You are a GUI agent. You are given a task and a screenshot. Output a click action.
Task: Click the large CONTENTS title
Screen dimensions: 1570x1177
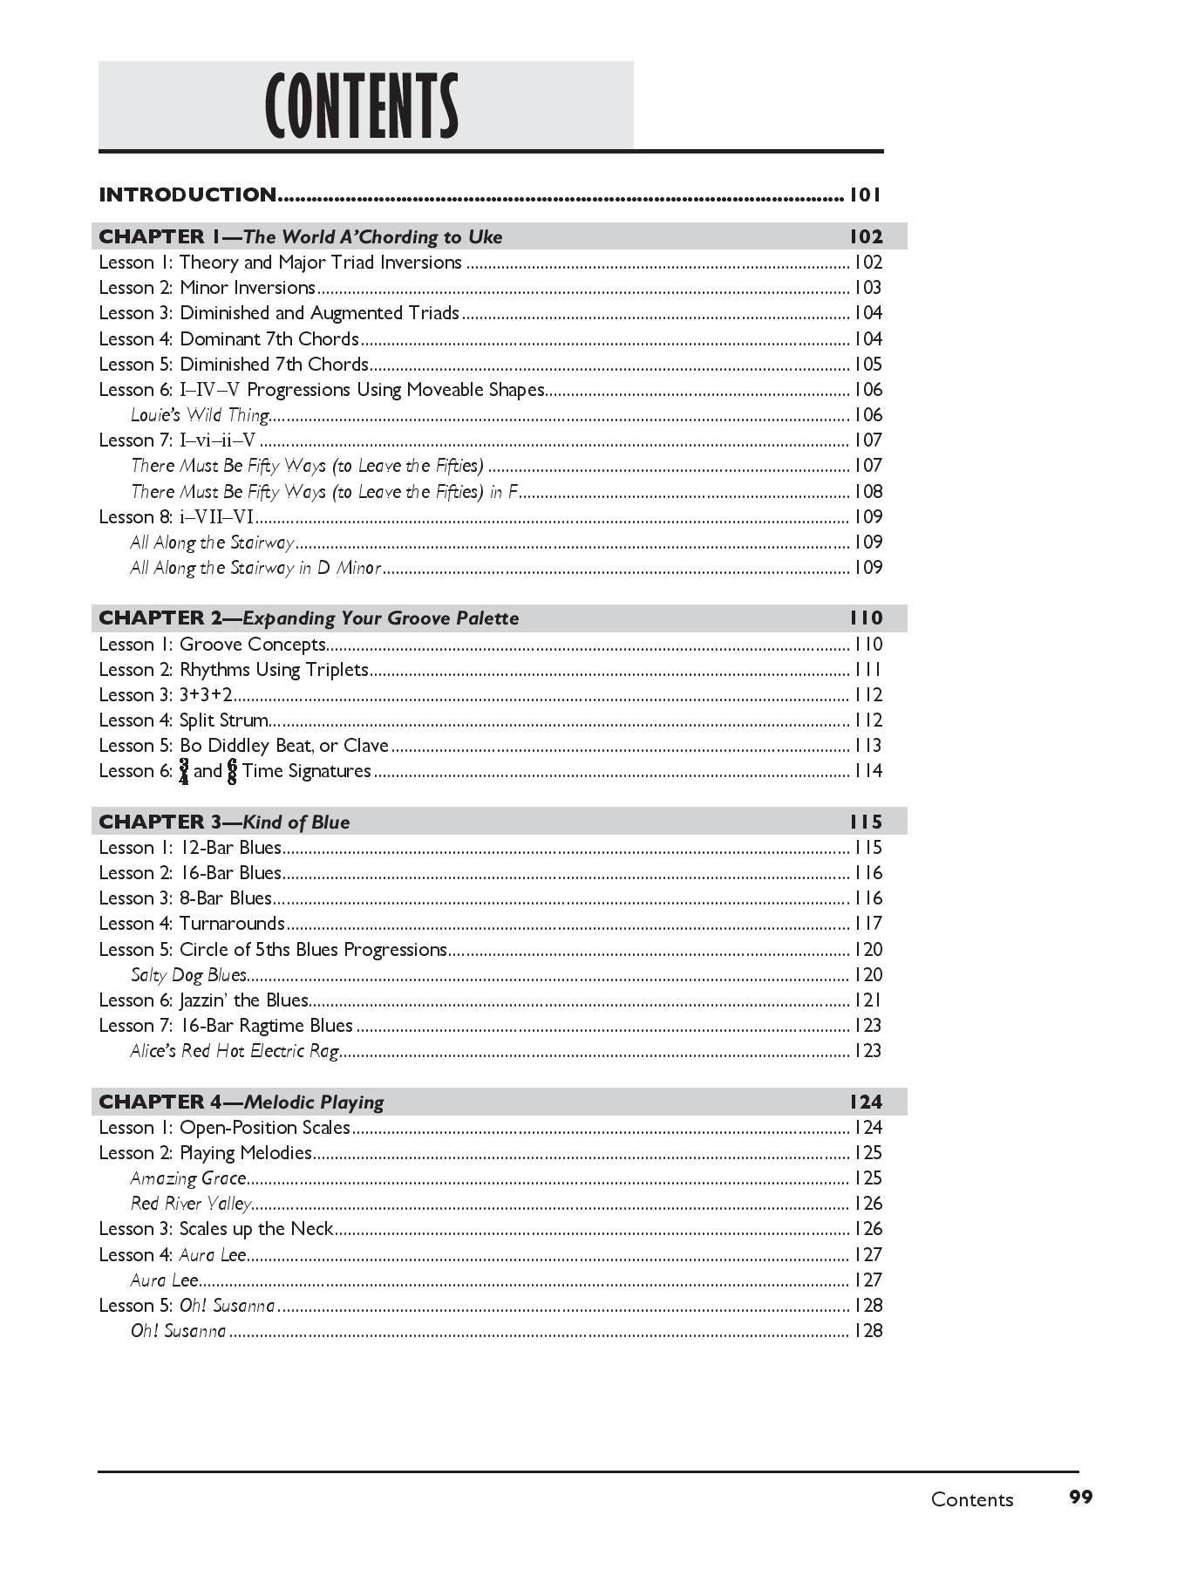pyautogui.click(x=362, y=106)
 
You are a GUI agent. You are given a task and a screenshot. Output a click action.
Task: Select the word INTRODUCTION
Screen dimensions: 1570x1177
pyautogui.click(x=187, y=195)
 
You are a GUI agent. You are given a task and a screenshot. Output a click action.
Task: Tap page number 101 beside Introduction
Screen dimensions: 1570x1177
pyautogui.click(x=866, y=195)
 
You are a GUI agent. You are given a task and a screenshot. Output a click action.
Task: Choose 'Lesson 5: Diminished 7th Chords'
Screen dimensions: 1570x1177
pyautogui.click(x=234, y=364)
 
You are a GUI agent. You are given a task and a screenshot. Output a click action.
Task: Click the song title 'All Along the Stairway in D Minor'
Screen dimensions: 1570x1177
pyautogui.click(x=255, y=568)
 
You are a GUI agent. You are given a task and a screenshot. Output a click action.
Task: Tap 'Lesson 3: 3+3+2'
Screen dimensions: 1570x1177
pyautogui.click(x=166, y=695)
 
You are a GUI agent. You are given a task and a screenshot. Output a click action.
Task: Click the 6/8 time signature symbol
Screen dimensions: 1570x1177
pyautogui.click(x=232, y=771)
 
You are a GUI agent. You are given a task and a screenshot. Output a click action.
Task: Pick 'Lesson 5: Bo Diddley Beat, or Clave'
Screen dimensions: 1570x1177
pyautogui.click(x=243, y=746)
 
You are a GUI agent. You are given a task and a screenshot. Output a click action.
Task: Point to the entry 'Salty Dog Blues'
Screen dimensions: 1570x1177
pyautogui.click(x=188, y=975)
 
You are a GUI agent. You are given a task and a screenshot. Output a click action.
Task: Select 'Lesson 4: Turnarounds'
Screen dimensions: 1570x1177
pyautogui.click(x=192, y=924)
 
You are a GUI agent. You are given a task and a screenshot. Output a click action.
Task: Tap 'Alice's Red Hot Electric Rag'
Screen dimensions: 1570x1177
pyautogui.click(x=235, y=1051)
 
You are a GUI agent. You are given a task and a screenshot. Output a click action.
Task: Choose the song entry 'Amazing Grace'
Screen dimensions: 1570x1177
pyautogui.click(x=188, y=1178)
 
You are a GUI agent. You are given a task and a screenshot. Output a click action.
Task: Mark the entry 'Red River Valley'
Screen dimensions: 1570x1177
pyautogui.click(x=191, y=1204)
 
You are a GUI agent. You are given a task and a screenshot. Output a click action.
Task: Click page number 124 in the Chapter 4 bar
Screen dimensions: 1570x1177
pyautogui.click(x=866, y=1102)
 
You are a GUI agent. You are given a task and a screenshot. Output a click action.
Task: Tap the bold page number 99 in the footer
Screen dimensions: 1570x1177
pyautogui.click(x=1080, y=1497)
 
